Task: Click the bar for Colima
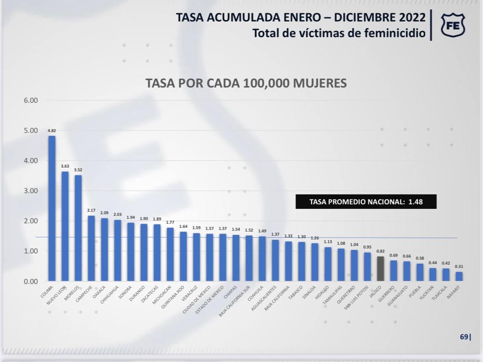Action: click(52, 208)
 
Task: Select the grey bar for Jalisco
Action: click(381, 269)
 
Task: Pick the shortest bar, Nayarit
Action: click(459, 277)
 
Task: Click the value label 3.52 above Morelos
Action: click(78, 170)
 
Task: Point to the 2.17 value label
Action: click(91, 211)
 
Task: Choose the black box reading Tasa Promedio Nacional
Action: click(366, 202)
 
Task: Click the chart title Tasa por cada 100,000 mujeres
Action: click(246, 83)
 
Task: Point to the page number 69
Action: click(464, 337)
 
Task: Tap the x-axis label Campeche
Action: click(84, 294)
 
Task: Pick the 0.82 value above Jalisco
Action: click(381, 251)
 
